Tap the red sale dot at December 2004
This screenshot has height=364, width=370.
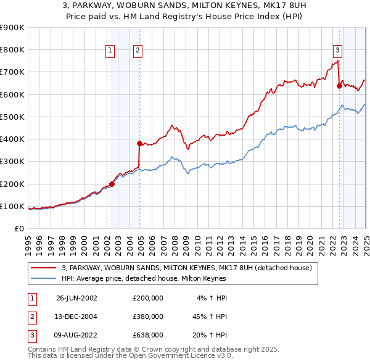(140, 143)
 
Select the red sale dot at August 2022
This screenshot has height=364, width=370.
(339, 86)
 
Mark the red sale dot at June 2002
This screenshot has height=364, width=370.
(112, 183)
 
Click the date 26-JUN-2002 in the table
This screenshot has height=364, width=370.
(76, 297)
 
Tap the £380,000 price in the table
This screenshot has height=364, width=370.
(148, 316)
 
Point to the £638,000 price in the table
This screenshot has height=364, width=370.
(148, 336)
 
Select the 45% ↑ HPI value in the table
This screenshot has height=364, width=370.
(209, 316)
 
